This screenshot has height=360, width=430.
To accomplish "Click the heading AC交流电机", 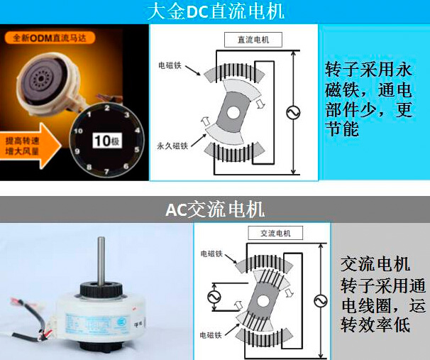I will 215,209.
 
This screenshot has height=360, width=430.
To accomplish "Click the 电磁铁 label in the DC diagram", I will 172,66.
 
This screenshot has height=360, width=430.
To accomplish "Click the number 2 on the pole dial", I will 106,107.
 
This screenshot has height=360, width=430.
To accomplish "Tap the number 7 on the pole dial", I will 107,171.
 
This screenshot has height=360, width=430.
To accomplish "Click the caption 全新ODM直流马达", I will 43,36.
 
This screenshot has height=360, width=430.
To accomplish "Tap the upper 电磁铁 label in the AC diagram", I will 214,252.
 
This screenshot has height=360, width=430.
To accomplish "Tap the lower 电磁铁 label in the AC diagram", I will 214,333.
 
